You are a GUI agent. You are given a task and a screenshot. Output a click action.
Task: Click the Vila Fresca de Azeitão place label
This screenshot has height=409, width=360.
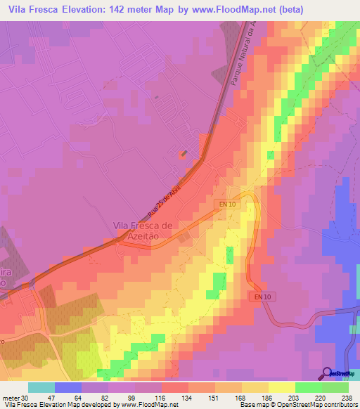tap(143, 231)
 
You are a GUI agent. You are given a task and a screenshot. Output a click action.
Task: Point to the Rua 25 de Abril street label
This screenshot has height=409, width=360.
tap(165, 202)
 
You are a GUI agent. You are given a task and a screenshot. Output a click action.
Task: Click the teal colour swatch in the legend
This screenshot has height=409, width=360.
tap(41, 388)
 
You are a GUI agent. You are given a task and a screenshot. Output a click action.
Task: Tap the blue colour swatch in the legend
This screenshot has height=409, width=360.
tap(68, 388)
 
